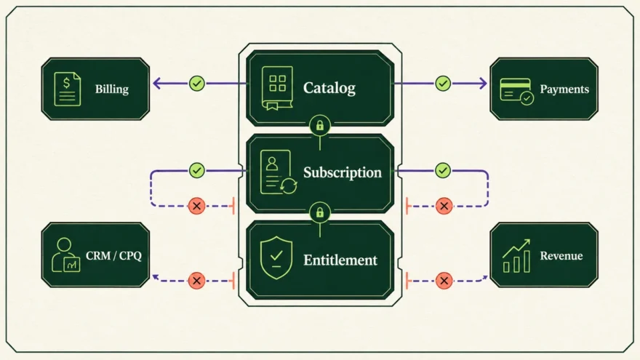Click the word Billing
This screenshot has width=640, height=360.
[112, 89]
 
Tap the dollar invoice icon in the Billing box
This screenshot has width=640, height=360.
[68, 89]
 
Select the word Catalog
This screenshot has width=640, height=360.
[329, 88]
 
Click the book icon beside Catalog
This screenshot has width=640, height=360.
[277, 88]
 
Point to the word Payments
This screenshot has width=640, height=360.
[564, 89]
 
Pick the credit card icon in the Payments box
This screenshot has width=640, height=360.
[517, 92]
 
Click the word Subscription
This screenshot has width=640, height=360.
[343, 172]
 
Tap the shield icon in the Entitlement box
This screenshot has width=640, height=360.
[276, 257]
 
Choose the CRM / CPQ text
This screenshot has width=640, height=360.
[113, 256]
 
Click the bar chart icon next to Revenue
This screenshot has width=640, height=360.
[516, 256]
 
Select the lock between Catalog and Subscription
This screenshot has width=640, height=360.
[320, 125]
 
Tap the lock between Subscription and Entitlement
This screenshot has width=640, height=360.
[320, 212]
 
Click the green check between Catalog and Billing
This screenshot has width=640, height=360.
[197, 84]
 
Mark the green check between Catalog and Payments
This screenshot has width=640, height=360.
[443, 84]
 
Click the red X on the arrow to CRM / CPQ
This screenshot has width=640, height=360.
[197, 281]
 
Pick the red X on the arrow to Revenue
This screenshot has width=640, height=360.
[444, 281]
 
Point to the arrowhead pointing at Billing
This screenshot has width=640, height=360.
[156, 84]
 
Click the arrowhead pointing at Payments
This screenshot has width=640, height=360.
[483, 84]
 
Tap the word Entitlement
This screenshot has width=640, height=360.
[340, 260]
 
